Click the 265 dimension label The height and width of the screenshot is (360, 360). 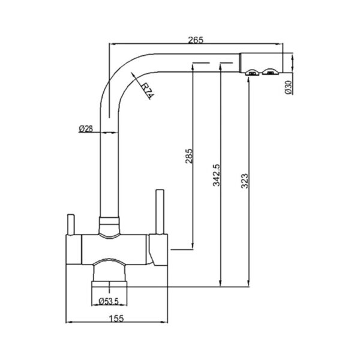tap(196, 40)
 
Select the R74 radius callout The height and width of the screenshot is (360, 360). tap(146, 91)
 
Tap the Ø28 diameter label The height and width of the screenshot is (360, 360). tap(86, 129)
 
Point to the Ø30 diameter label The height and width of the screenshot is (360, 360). tap(289, 87)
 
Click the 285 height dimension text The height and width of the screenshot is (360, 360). tap(189, 156)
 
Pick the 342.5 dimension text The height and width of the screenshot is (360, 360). tap(216, 175)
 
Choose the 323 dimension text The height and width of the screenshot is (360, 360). tap(245, 181)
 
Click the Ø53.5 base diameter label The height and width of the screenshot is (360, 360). tap(109, 301)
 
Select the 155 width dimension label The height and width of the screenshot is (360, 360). tap(116, 318)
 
